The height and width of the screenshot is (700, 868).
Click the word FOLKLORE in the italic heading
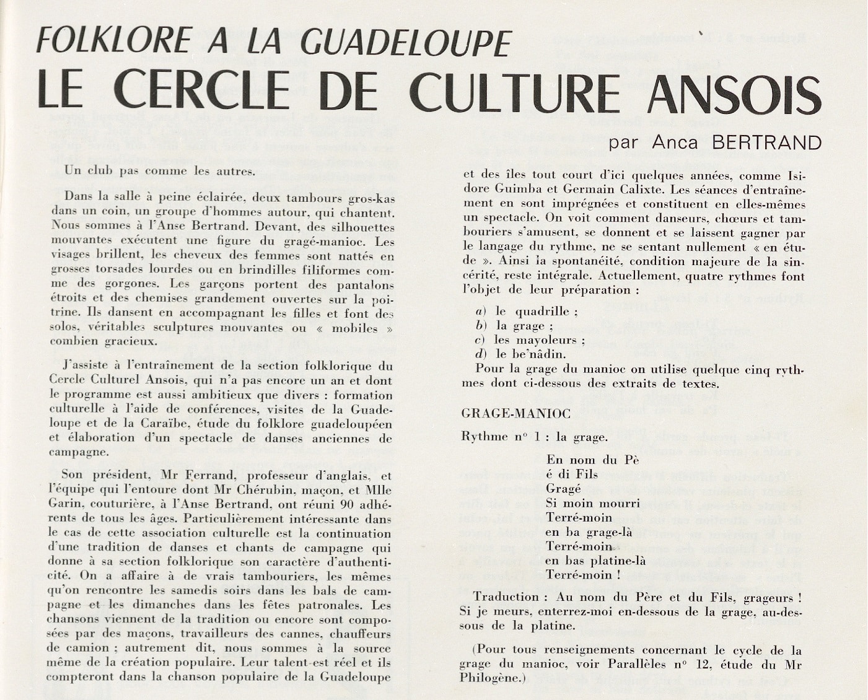113,40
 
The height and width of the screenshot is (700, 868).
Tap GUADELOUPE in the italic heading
405,42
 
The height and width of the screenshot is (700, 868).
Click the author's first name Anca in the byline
675,142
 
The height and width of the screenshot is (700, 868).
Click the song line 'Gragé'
563,489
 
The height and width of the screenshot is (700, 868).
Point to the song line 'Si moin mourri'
579,503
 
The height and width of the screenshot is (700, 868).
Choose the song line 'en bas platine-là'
595,561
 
